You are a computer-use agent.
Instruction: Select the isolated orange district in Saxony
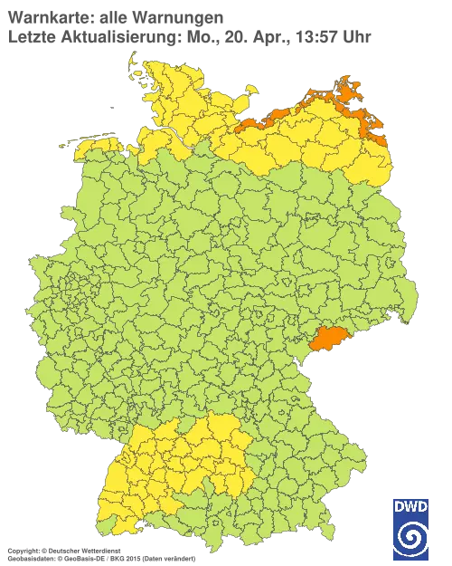(x=327, y=339)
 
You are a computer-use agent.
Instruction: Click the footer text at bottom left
(x=99, y=551)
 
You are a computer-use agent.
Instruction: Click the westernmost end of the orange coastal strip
(x=237, y=126)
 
